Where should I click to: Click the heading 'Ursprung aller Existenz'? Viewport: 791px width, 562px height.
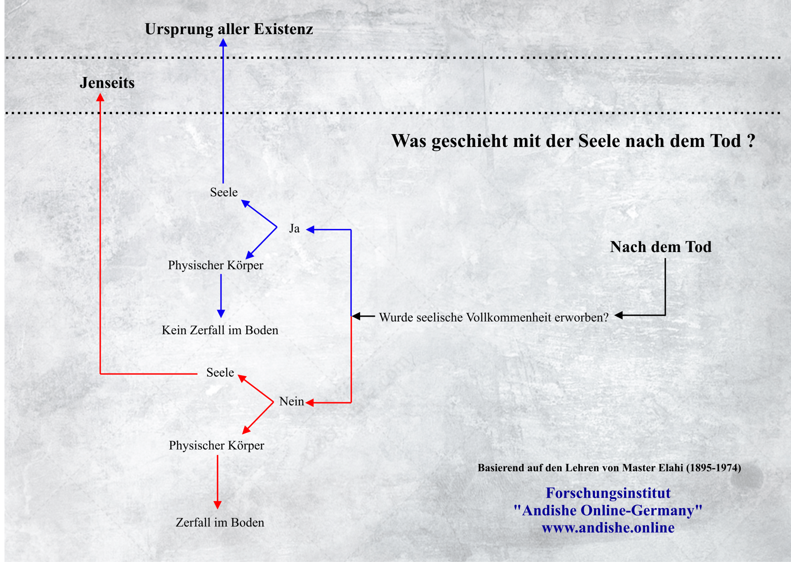(x=229, y=29)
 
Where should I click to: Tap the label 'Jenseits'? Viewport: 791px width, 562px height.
(x=107, y=83)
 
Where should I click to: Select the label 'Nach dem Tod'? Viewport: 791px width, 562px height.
(x=661, y=247)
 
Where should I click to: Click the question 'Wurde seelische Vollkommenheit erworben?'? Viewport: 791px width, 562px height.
(x=494, y=317)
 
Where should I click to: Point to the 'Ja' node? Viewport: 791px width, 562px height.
(x=294, y=229)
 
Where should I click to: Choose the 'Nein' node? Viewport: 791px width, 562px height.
(x=291, y=401)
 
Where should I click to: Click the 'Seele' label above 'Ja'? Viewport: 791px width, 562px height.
(x=224, y=192)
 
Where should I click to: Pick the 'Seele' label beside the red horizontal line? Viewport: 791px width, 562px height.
(x=220, y=373)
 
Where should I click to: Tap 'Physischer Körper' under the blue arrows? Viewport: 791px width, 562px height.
(x=215, y=265)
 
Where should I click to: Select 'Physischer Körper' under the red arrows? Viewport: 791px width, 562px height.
(x=216, y=445)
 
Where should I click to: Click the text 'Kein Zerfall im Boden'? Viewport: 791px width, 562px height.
(x=220, y=330)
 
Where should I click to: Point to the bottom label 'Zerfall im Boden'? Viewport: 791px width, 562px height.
(x=220, y=522)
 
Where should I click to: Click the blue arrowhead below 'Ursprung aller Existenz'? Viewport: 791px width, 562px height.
(x=223, y=42)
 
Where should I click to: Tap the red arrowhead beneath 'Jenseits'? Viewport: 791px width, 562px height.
(x=100, y=97)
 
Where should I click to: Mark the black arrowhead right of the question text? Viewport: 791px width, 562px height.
(x=619, y=315)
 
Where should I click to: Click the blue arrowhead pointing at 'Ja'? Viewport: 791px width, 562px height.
(x=311, y=229)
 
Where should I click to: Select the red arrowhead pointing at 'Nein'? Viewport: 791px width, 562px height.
(x=310, y=403)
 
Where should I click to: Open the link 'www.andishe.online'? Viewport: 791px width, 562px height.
(x=608, y=527)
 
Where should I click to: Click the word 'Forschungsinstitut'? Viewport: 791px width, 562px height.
(x=608, y=493)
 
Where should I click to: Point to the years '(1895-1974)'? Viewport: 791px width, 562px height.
(x=714, y=468)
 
